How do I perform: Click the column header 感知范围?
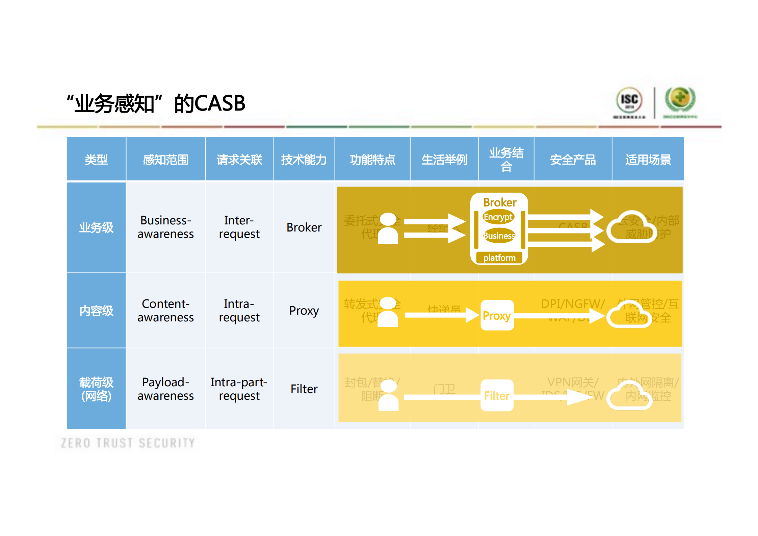(x=165, y=160)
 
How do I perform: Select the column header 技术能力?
(x=304, y=160)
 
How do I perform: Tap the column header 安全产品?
(x=573, y=160)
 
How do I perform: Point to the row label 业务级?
(x=96, y=227)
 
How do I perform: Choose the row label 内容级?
(x=96, y=311)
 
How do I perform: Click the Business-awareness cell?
(x=165, y=227)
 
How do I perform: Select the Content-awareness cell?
(x=165, y=311)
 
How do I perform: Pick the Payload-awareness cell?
(x=165, y=389)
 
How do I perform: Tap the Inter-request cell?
(x=239, y=227)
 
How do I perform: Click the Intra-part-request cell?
(x=239, y=389)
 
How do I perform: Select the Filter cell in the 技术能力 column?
(x=304, y=389)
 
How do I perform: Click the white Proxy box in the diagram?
(x=497, y=315)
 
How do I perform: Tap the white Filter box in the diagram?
(x=497, y=395)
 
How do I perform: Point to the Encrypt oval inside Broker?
(x=498, y=217)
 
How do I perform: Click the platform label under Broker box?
(x=499, y=258)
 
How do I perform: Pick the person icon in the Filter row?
(x=388, y=395)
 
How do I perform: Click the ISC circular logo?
(x=629, y=100)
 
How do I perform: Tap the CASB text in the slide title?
(x=220, y=103)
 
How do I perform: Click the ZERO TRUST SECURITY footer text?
(x=128, y=443)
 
